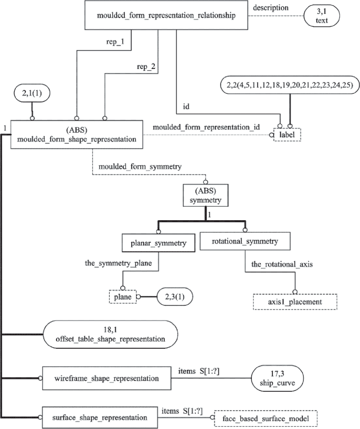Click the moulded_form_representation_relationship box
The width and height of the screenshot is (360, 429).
(167, 16)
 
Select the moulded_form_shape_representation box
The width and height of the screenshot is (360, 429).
(76, 134)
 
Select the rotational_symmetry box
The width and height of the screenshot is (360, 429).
(245, 241)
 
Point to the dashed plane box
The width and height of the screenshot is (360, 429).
(123, 297)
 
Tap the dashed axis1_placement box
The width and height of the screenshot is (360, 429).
(295, 302)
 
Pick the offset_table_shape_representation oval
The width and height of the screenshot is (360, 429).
(109, 334)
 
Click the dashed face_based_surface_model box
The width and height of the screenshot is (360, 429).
(265, 418)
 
